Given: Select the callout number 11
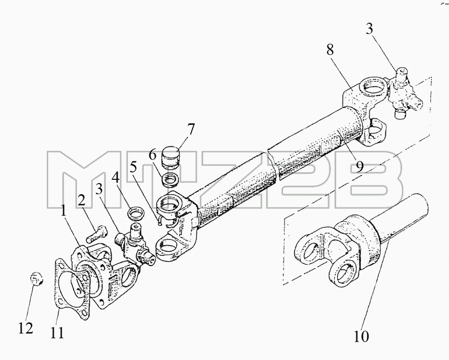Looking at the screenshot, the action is (57, 333).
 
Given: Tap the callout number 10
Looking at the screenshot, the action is (361, 336).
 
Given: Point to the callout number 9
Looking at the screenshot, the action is (360, 166).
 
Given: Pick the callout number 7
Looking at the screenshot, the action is (191, 129).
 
